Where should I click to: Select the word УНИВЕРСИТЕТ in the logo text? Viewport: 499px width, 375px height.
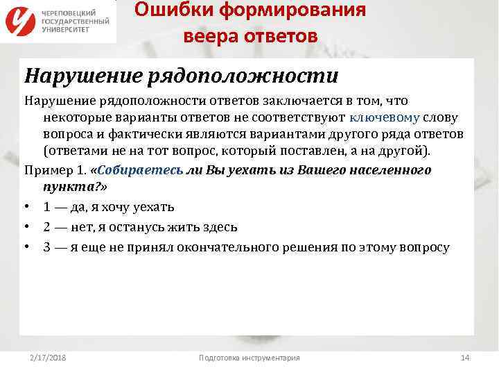[x=67, y=30]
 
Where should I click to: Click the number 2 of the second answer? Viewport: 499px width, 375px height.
[x=46, y=227]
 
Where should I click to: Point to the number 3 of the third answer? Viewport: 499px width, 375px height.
[x=46, y=247]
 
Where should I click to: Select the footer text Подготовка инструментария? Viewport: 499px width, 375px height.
[x=249, y=358]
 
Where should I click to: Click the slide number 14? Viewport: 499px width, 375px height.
[x=465, y=358]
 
